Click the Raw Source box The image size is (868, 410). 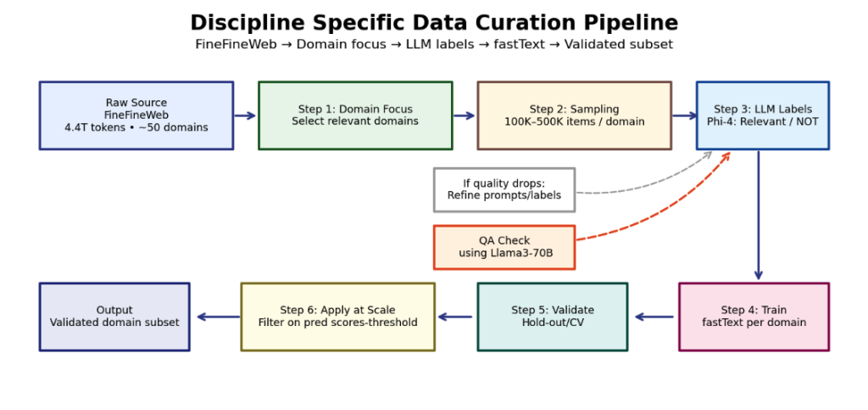(x=136, y=115)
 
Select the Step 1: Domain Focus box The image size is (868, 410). (x=355, y=115)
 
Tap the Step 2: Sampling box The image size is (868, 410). (x=575, y=115)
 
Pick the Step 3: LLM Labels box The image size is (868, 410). (x=763, y=115)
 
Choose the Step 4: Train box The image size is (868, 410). (x=754, y=317)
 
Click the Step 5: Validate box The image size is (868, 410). (x=553, y=317)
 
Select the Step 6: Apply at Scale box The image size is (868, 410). (x=337, y=317)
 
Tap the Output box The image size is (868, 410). (x=114, y=317)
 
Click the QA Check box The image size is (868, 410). (x=504, y=247)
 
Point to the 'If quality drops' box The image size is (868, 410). (x=504, y=189)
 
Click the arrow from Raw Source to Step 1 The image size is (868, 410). (x=245, y=115)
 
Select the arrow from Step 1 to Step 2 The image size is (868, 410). (x=465, y=115)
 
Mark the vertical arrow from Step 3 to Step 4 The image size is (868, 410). (x=759, y=216)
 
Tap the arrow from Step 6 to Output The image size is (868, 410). (x=218, y=317)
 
